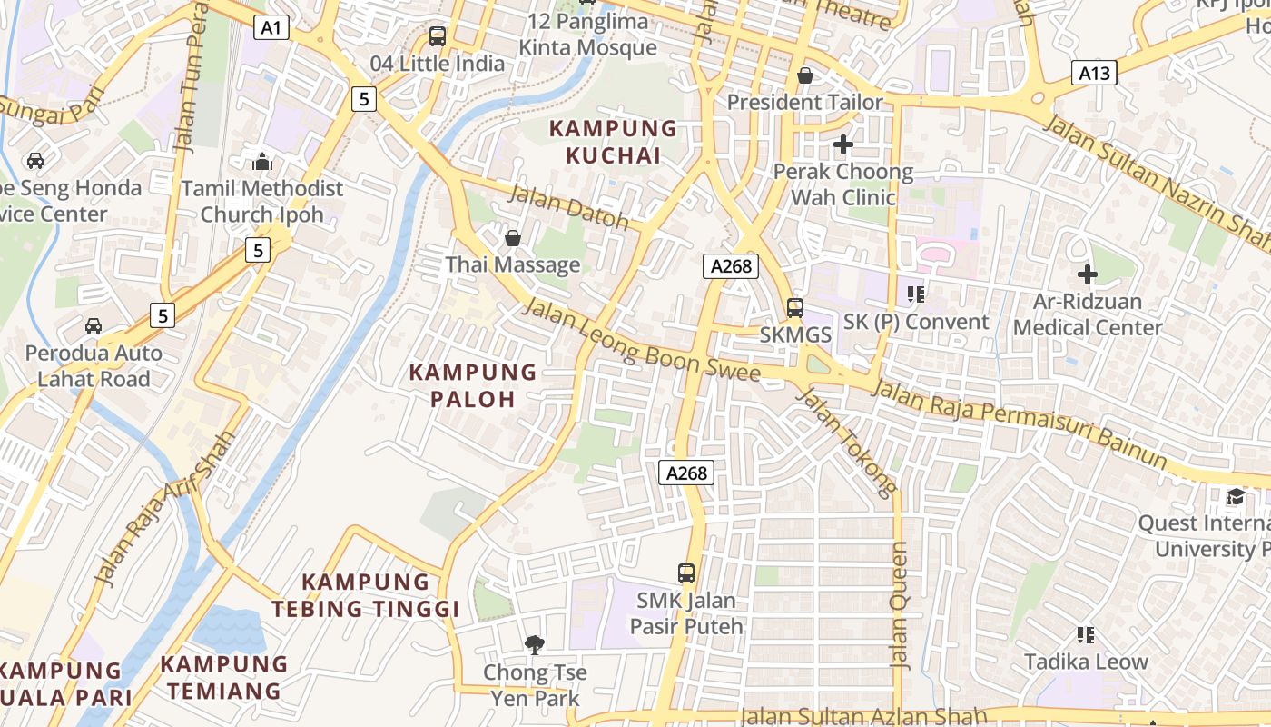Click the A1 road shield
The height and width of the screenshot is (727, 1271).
point(271,28)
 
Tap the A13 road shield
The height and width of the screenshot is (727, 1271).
point(1094,74)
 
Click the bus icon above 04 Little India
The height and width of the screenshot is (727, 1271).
point(438,36)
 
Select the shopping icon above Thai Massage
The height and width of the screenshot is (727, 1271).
point(513,238)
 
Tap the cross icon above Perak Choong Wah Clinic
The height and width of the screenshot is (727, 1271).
point(843,144)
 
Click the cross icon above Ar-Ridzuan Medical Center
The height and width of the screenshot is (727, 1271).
point(1087,274)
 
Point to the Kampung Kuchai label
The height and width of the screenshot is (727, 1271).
point(614,142)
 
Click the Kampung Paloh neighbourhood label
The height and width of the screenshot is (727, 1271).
point(473,385)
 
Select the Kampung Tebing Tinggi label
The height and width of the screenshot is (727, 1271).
point(366,595)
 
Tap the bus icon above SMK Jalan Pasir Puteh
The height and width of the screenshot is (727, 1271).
point(686,573)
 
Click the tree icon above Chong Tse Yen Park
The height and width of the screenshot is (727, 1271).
point(535,645)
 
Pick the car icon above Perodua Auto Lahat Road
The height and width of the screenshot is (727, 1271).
point(94,325)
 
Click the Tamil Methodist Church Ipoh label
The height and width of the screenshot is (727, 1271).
point(262,202)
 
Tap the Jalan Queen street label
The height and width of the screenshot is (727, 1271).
point(900,605)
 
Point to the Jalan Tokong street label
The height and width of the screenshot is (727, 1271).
point(845,442)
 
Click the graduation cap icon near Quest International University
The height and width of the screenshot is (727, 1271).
point(1236,496)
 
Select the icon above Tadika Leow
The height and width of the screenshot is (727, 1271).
point(1086,634)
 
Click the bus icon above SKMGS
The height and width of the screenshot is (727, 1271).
point(795,307)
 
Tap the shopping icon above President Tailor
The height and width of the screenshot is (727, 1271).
point(804,75)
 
